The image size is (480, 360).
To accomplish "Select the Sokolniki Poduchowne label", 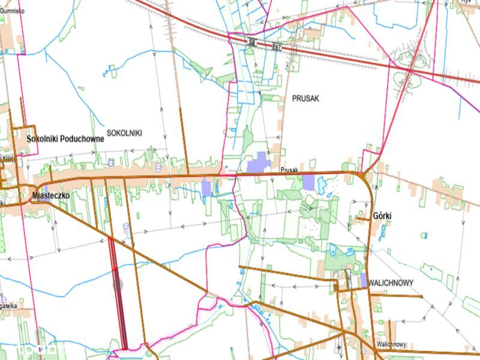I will click(x=65, y=139).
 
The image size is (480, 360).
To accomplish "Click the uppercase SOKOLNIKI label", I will click(x=124, y=133).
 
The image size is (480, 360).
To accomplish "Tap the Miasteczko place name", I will click(x=53, y=196).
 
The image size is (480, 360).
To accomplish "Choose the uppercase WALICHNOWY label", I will click(x=392, y=283).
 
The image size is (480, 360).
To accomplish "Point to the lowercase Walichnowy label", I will click(x=392, y=344).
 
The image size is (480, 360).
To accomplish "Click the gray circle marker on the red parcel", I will click(x=118, y=285).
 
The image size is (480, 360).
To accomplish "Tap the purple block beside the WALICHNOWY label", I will click(x=364, y=280).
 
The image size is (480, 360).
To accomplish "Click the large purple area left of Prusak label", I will click(x=258, y=164).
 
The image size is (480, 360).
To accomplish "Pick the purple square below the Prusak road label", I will click(x=308, y=182).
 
